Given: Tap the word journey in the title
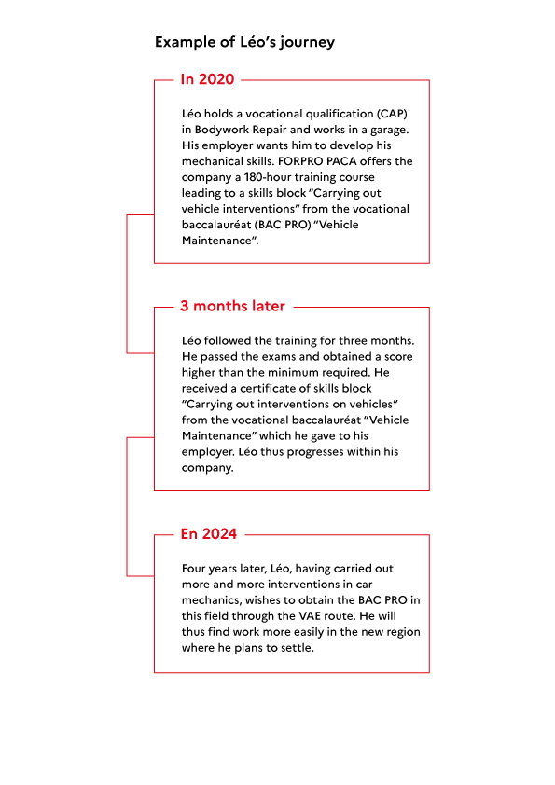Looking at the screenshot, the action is (307, 43).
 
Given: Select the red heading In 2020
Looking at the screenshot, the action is (207, 79).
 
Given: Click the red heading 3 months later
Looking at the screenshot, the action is (232, 306).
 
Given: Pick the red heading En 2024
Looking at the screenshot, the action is (209, 533).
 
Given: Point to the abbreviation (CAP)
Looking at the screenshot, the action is (392, 114).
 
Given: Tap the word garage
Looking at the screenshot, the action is (389, 131).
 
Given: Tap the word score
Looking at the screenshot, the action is (398, 357).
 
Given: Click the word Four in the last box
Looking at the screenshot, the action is (194, 569).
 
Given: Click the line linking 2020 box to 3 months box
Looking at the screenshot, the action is (127, 283).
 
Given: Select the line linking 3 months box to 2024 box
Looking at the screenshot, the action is (127, 506).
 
